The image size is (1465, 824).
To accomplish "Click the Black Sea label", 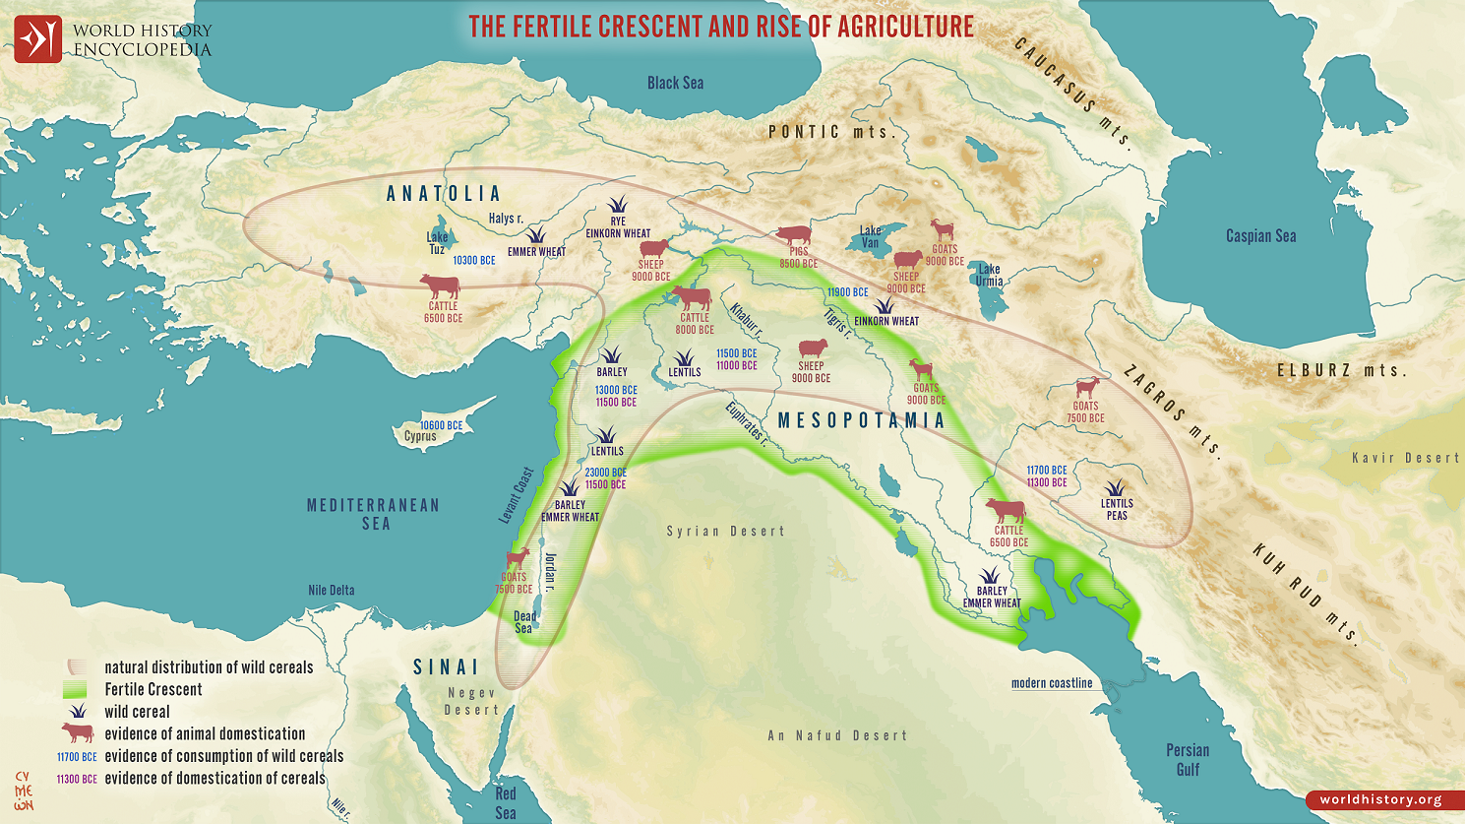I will point(675,84).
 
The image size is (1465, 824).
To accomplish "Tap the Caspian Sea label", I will point(1260,236).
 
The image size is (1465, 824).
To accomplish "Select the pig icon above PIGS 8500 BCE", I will point(794,235).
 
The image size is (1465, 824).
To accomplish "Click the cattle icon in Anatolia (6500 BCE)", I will point(440,286).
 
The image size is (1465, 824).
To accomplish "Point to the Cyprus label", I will point(420,437).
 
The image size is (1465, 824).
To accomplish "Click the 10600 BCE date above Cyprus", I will point(441,425).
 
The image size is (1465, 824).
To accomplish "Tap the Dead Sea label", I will point(523,622).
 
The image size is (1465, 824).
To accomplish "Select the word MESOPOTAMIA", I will point(861,421).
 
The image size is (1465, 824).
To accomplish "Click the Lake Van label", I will point(870,236).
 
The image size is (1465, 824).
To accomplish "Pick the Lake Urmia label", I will point(989,275).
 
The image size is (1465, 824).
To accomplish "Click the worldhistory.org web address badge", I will point(1380,799).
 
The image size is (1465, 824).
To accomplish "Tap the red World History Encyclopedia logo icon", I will point(37,39).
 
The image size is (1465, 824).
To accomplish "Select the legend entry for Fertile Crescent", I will point(153,689).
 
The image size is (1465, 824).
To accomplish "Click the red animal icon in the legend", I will point(77,733).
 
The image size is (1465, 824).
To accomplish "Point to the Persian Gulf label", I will point(1188,759).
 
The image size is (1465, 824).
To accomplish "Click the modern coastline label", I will point(1052,683).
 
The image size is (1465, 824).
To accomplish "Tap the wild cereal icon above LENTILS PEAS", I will point(1115,488).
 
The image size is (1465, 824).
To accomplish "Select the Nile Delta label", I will point(331,591).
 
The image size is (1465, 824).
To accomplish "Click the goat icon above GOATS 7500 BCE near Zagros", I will point(1087,388).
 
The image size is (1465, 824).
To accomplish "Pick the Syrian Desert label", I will point(725,532).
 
